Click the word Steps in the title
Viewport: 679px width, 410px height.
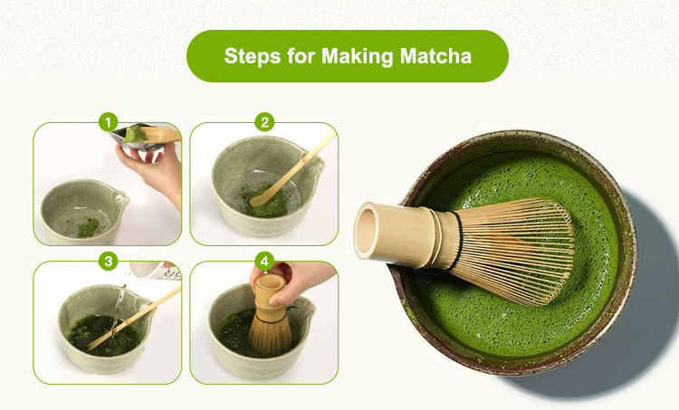click(x=253, y=56)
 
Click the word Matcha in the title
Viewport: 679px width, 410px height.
click(x=439, y=56)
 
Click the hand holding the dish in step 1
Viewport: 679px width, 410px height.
click(x=154, y=167)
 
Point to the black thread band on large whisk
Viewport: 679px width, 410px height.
click(x=458, y=240)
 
